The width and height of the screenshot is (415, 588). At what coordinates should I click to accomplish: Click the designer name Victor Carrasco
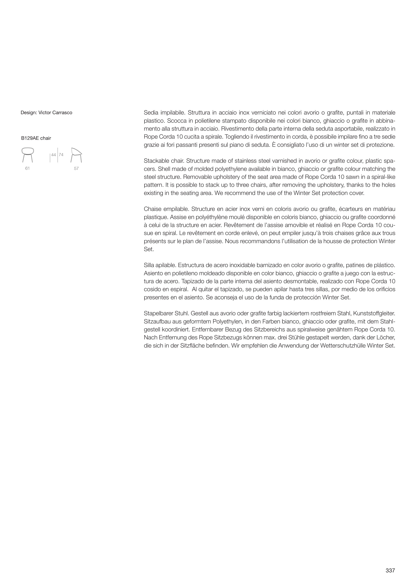tap(55, 113)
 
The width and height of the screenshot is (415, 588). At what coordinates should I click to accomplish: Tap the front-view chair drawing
tap(28, 155)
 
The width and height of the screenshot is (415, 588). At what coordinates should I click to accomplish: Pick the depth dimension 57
tap(76, 169)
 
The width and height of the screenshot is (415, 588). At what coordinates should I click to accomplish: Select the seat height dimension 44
tap(53, 155)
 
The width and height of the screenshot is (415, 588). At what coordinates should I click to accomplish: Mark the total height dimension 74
tap(61, 155)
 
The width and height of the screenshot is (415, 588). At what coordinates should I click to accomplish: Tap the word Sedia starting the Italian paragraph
tap(151, 113)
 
